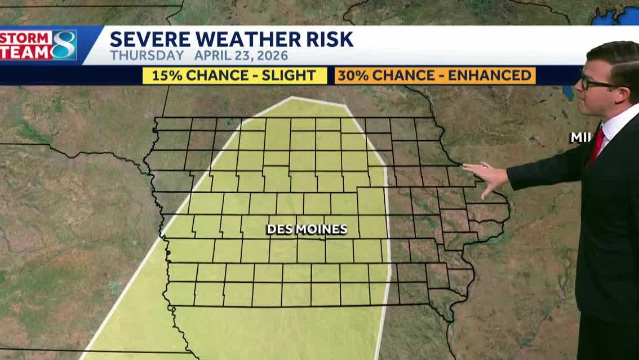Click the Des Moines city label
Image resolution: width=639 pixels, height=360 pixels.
point(307,229)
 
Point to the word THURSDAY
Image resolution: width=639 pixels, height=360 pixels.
point(147,56)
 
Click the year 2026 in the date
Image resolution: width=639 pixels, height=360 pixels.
point(270,56)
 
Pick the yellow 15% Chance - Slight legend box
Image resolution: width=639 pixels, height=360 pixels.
point(234,75)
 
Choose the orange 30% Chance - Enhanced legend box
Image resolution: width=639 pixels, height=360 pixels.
point(434,75)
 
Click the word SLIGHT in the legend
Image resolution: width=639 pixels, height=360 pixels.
point(289,75)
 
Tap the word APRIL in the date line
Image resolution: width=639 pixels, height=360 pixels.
point(211,56)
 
